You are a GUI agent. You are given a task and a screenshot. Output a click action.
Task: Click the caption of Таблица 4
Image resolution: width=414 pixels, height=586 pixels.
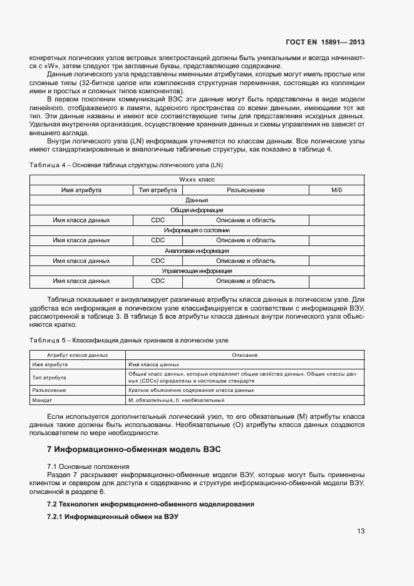tap(126, 165)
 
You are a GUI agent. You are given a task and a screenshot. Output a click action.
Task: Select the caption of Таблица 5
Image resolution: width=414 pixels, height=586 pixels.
tap(129, 340)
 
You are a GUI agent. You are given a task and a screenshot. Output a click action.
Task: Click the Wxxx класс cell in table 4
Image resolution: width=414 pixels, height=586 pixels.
tap(197, 180)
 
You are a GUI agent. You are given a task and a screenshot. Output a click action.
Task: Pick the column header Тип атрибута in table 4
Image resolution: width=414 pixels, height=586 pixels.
tap(157, 190)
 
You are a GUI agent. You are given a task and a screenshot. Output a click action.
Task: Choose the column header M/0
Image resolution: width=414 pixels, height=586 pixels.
tap(336, 190)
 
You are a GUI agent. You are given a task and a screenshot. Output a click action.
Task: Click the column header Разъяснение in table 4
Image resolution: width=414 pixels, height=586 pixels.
tap(246, 190)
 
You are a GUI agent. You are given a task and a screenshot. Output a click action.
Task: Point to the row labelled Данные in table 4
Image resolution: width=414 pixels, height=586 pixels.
tap(197, 200)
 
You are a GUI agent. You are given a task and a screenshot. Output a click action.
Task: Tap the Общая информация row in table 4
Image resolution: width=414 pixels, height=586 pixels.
tap(197, 210)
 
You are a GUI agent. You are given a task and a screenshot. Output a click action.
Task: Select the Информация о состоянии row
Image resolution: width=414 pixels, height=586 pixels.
tap(197, 230)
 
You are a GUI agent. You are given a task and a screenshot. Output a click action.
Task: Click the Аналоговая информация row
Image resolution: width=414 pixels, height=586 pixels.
tap(197, 250)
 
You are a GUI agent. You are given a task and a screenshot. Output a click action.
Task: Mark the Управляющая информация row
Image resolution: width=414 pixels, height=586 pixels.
tap(197, 270)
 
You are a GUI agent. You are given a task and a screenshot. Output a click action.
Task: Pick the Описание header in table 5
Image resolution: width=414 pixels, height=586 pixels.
tap(245, 355)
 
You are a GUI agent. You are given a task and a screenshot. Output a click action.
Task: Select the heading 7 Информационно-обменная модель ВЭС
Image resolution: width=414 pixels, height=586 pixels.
tap(134, 450)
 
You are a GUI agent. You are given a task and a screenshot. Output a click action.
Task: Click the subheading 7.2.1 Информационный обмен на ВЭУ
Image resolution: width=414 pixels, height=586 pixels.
tap(113, 517)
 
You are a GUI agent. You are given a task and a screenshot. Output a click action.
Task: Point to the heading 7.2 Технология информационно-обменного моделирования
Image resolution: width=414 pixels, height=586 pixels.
tap(150, 504)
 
